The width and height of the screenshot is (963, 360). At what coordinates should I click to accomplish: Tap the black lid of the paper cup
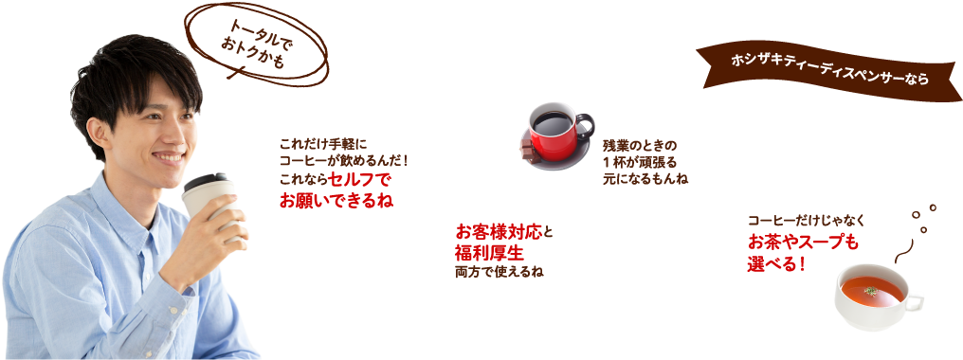click(207, 181)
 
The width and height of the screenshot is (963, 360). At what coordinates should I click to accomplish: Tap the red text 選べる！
click(776, 262)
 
